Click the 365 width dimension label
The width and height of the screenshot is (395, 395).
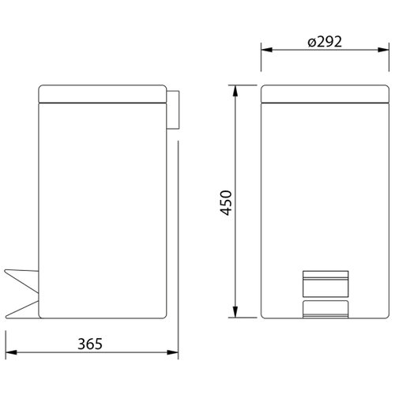coord(90,344)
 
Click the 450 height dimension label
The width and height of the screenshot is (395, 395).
coord(226,203)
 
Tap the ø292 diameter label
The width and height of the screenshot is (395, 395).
coord(325,41)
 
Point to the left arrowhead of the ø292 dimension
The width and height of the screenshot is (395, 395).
coord(267,50)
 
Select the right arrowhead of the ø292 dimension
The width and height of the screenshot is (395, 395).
coord(383,50)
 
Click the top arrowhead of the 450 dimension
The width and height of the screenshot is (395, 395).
coord(235,91)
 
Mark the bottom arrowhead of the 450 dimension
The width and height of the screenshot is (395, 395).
coord(235,312)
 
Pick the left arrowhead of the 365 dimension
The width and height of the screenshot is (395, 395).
coord(11,352)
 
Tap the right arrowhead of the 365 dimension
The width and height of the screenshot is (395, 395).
coord(172,352)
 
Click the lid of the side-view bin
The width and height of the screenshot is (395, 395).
coord(103,94)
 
